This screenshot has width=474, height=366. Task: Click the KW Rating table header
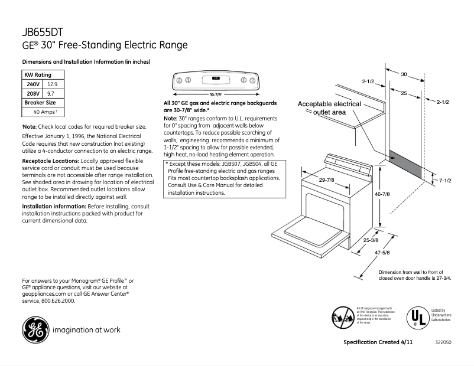37,76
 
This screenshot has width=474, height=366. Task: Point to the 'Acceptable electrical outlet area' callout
329,107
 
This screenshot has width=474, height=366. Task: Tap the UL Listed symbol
416,317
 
